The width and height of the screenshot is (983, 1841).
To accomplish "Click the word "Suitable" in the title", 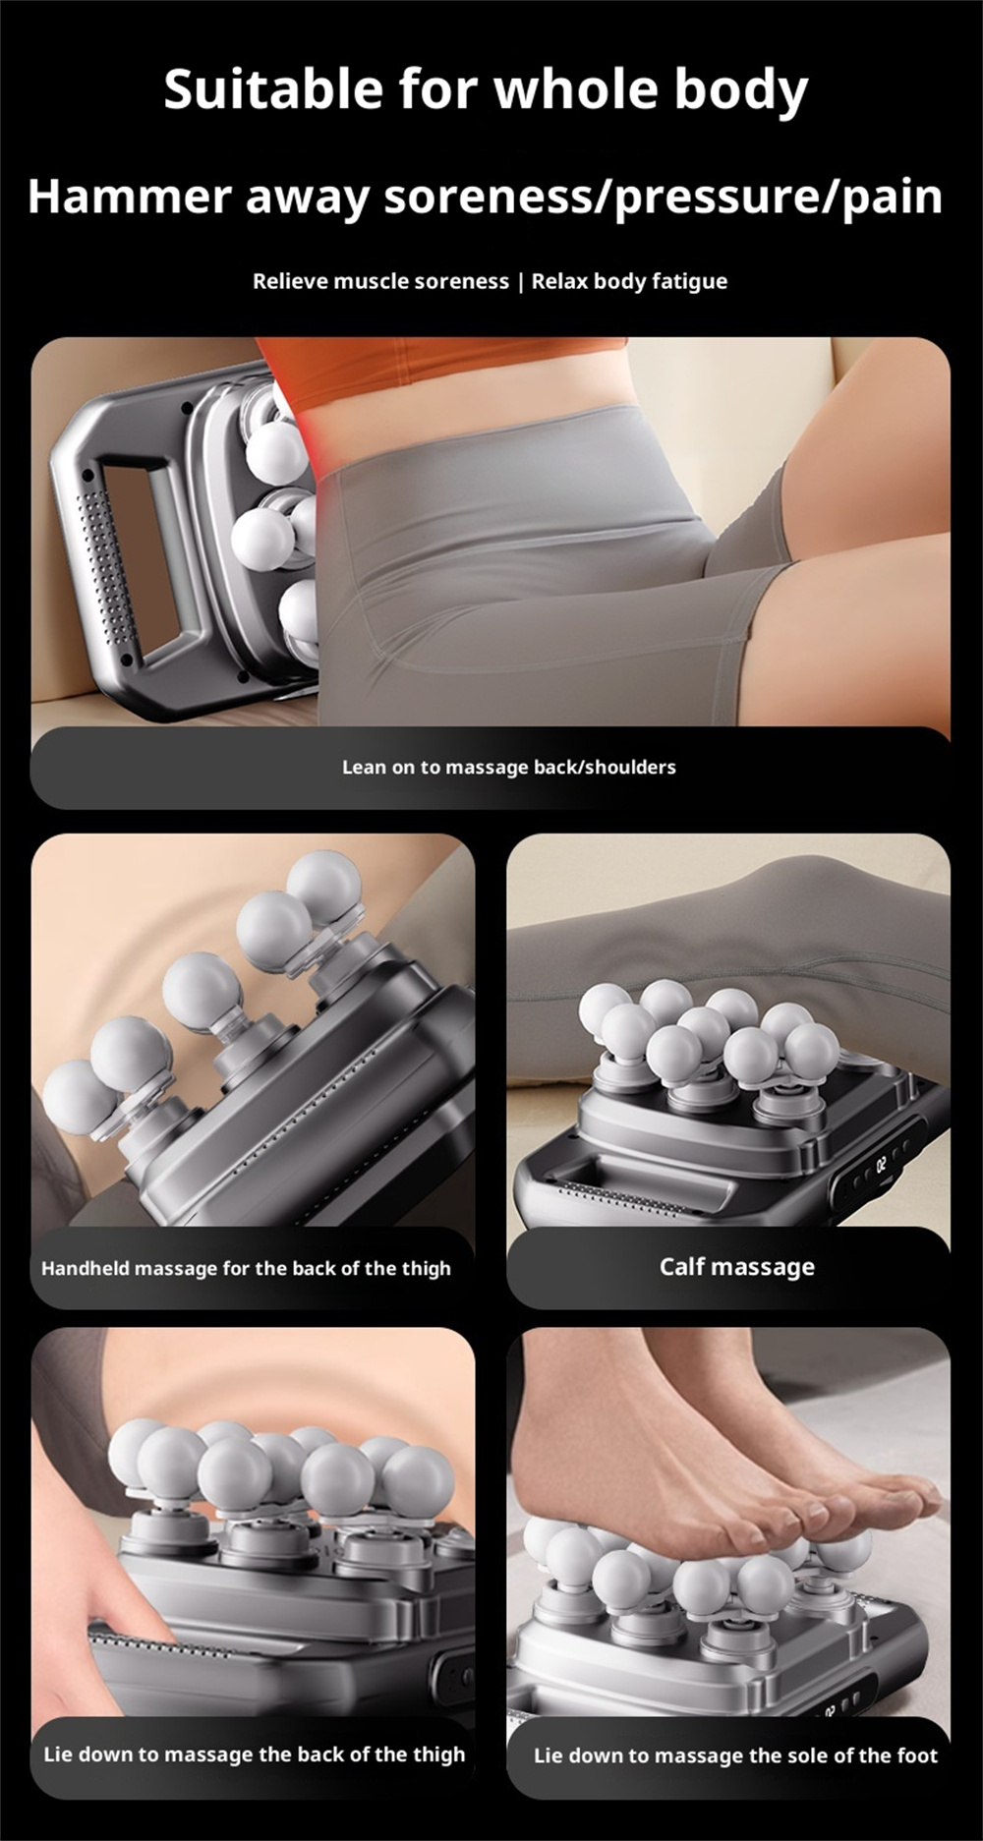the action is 272,89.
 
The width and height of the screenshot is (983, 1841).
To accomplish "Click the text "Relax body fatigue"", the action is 629,282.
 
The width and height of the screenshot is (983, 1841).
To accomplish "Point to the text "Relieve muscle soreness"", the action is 380,281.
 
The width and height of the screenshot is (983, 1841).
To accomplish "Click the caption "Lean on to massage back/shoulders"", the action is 509,767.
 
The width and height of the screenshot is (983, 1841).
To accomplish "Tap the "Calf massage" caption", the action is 737,1267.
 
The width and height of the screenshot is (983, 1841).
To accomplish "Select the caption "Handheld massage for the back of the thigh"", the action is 246,1268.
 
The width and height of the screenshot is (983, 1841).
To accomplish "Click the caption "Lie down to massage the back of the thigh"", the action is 255,1755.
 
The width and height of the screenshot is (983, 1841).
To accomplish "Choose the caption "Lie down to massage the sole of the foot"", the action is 735,1755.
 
